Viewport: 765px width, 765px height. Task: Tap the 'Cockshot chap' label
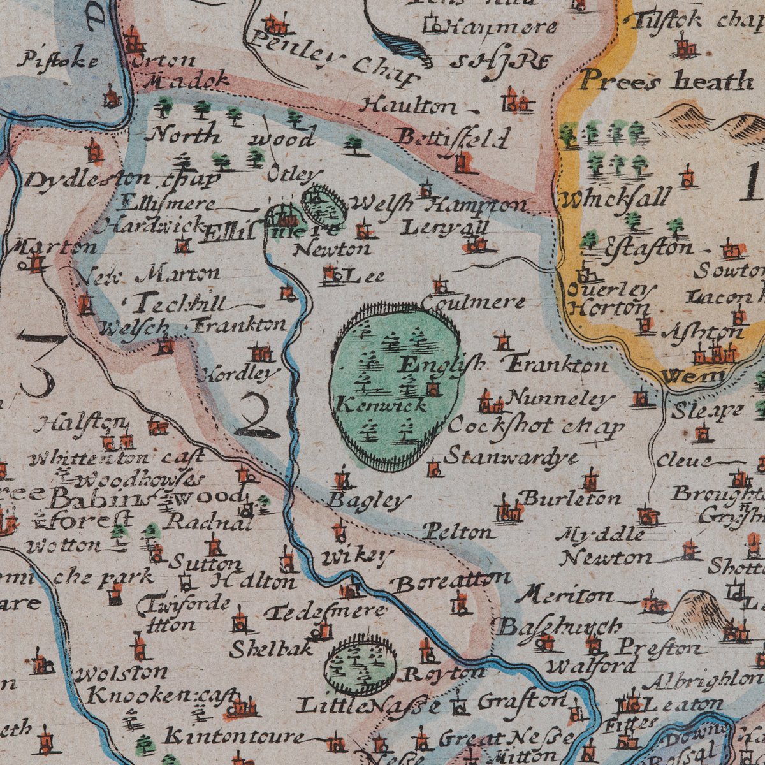click(x=535, y=426)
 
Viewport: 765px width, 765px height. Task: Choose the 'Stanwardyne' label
click(x=511, y=457)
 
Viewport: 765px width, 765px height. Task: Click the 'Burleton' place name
click(x=571, y=497)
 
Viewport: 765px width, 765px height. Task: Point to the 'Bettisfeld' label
click(x=453, y=137)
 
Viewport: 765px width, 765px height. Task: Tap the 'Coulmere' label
click(x=474, y=302)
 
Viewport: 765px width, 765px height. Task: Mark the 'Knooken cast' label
click(x=163, y=696)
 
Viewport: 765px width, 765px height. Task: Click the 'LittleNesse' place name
click(x=368, y=705)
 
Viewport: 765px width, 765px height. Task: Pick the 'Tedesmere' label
click(x=325, y=612)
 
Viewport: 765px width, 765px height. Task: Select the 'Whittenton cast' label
click(x=117, y=458)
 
